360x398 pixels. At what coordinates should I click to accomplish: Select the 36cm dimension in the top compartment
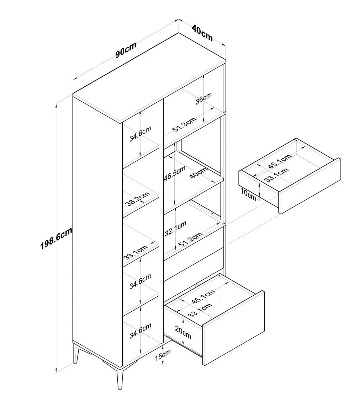pos(204,98)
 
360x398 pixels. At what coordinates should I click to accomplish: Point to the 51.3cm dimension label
pos(184,124)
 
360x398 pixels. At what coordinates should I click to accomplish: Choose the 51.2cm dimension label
pos(190,240)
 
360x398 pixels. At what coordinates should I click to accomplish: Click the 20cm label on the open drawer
pos(183,333)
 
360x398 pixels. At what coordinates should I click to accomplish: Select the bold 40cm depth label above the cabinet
pos(202,33)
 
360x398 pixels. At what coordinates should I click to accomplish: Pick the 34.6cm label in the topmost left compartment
pos(140,133)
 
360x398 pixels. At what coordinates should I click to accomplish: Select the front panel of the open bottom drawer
pos(233,327)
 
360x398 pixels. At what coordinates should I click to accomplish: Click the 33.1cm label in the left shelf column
pos(135,252)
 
